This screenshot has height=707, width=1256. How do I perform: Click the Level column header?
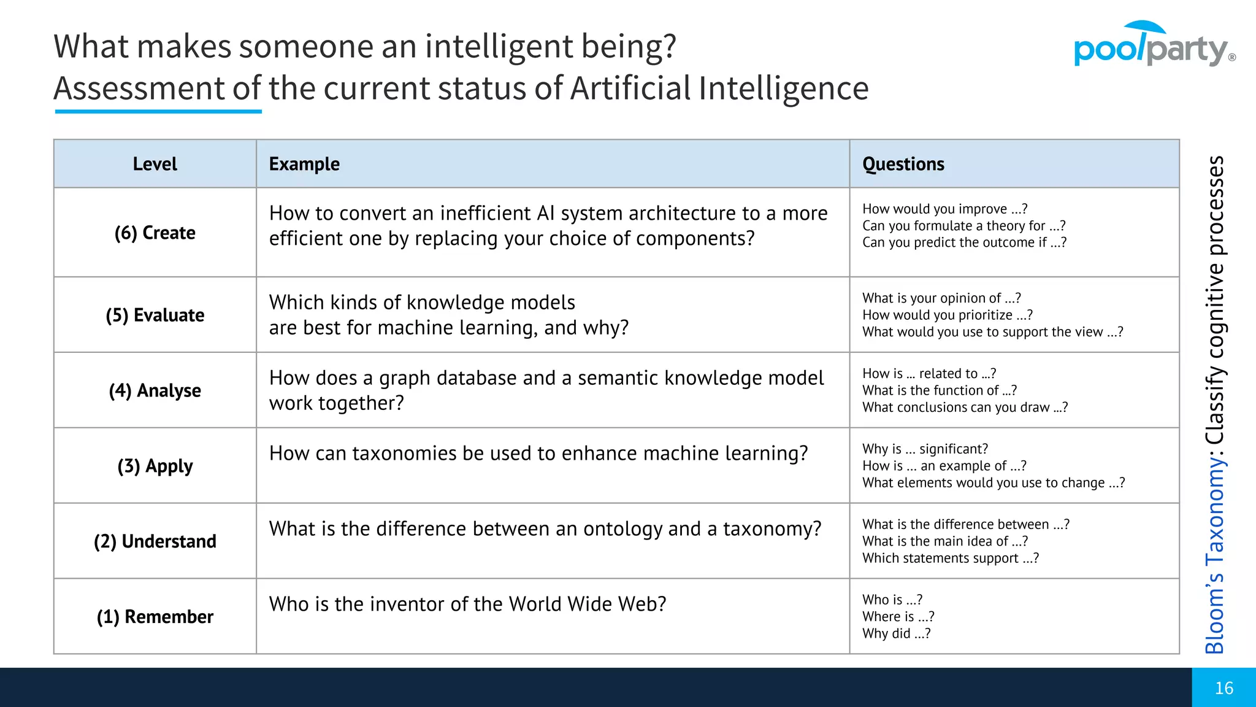[x=155, y=164]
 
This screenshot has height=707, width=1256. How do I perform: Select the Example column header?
[x=304, y=164]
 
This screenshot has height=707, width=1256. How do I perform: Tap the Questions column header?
[x=903, y=164]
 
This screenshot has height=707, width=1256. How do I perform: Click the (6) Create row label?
[x=155, y=233]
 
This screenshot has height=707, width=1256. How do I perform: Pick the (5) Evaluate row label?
[x=155, y=315]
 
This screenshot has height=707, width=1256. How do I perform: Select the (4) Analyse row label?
[x=155, y=390]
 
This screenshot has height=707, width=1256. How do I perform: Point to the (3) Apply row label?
[x=155, y=466]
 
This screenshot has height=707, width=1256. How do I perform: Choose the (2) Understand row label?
[x=155, y=541]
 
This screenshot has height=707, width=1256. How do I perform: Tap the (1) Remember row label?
[x=155, y=617]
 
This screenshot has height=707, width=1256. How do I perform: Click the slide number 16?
[x=1223, y=688]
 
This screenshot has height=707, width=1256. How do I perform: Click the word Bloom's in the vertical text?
[x=1214, y=614]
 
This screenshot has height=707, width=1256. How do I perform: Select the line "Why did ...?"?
[x=896, y=633]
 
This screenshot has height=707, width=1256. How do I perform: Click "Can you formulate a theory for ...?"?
[x=963, y=226]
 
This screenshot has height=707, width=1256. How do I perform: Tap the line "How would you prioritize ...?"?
[x=947, y=315]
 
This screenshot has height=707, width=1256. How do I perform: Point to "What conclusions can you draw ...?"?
[x=965, y=408]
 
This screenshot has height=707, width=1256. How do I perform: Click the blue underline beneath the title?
[x=158, y=112]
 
